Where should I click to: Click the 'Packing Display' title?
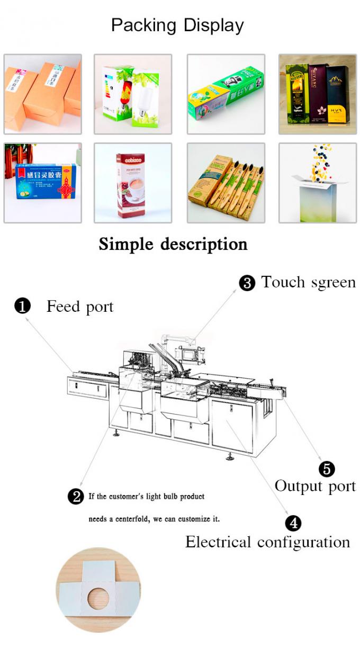pyautogui.click(x=177, y=25)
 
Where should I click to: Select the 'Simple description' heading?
pyautogui.click(x=173, y=244)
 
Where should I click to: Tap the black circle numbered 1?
pyautogui.click(x=22, y=307)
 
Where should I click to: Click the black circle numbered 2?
pyautogui.click(x=76, y=497)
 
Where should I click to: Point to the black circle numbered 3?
pyautogui.click(x=247, y=283)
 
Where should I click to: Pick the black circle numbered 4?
pyautogui.click(x=293, y=524)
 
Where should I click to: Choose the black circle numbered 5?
pyautogui.click(x=327, y=468)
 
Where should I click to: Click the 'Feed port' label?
pyautogui.click(x=80, y=307)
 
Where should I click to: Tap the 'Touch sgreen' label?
pyautogui.click(x=308, y=283)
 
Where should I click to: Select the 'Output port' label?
pyautogui.click(x=315, y=486)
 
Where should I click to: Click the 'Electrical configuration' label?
pyautogui.click(x=267, y=542)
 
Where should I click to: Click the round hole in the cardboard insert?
pyautogui.click(x=98, y=598)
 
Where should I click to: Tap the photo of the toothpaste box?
pyautogui.click(x=227, y=94)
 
